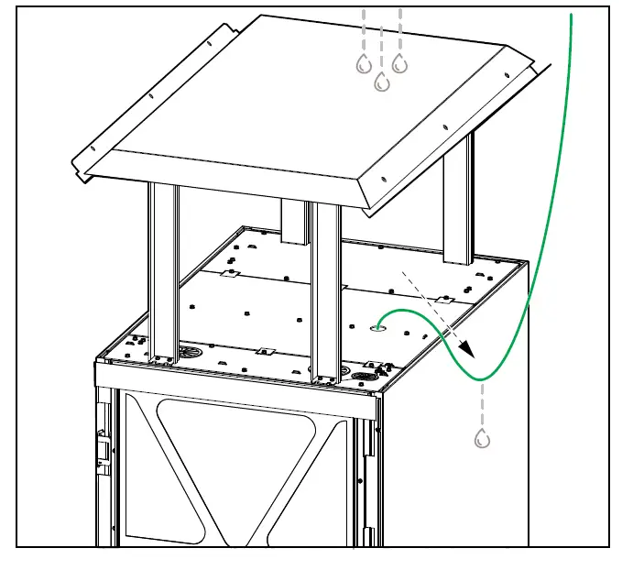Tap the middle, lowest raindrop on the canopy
coord(382,82)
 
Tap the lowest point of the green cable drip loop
coord(482,378)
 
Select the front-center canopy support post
coord(325,289)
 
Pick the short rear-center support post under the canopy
coord(295,223)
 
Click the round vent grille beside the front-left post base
coord(191,352)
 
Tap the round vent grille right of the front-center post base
coord(364,377)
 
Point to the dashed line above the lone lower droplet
coord(482,403)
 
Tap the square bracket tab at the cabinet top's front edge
coord(265,350)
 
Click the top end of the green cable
coord(573,15)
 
